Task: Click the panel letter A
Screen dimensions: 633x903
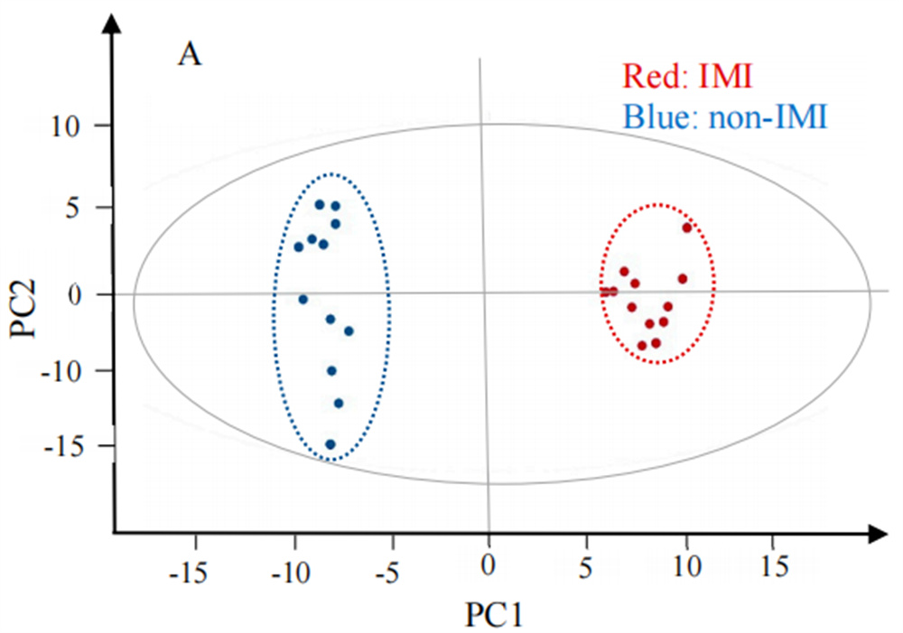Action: pos(190,55)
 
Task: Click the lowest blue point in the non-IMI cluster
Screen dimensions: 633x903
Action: pos(330,444)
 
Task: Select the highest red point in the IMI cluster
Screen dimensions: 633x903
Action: pos(687,228)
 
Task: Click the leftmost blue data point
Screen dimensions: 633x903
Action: pos(299,247)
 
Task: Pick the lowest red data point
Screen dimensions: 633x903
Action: pos(642,345)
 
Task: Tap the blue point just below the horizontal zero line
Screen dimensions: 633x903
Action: pos(303,299)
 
